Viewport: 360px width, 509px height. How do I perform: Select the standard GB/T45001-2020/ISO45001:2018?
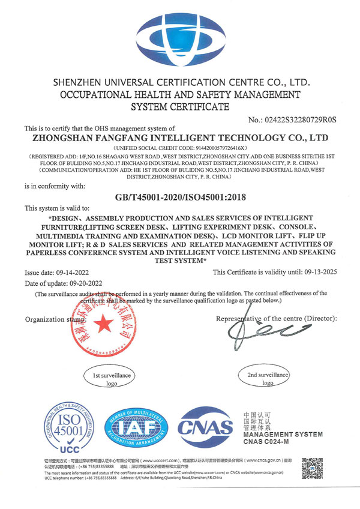coord(180,196)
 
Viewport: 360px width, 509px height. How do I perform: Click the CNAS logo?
coord(206,427)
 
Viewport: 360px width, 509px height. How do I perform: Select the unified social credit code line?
coord(180,148)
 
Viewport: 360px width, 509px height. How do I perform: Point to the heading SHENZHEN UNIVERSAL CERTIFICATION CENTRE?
coord(180,82)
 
